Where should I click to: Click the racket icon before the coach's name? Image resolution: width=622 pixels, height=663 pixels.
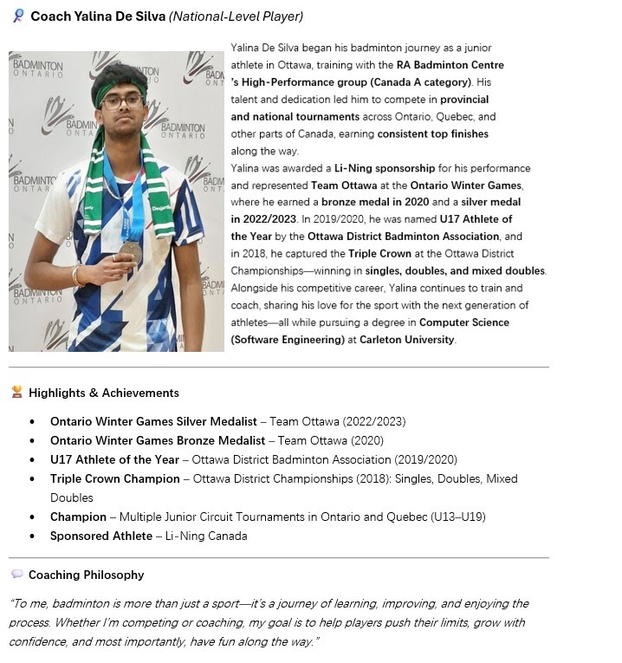17,16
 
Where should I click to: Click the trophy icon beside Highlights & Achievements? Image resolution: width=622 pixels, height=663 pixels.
17,392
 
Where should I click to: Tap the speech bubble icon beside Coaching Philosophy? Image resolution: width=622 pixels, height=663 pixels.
17,574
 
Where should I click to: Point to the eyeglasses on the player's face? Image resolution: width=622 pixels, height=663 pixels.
122,101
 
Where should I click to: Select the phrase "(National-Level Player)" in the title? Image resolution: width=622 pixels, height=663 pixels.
236,16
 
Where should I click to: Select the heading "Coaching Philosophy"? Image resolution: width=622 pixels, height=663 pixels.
86,575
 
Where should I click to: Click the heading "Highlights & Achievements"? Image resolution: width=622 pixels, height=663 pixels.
103,393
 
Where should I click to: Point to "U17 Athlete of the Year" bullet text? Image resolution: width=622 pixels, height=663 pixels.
114,459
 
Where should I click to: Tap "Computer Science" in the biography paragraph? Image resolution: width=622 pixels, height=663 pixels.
465,322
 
